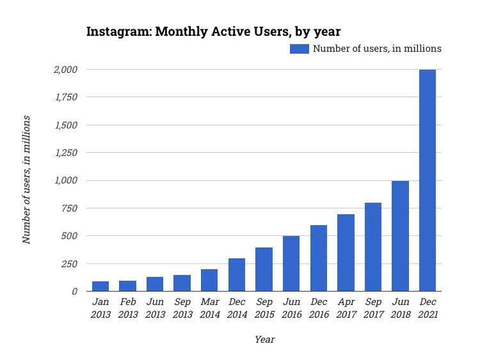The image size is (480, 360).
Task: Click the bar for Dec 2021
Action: (428, 180)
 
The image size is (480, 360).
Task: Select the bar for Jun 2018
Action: (400, 236)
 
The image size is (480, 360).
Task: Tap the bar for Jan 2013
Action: (100, 286)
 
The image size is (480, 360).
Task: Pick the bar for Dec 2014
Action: (237, 274)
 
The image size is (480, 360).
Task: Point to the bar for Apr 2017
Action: (346, 253)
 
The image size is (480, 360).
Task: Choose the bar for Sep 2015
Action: (264, 269)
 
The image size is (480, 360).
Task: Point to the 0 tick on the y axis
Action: (74, 291)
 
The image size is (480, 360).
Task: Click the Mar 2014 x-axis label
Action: (209, 308)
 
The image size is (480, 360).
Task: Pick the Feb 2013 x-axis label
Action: (127, 308)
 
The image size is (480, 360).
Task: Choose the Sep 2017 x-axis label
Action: (373, 308)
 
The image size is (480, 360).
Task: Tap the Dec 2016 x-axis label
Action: (318, 308)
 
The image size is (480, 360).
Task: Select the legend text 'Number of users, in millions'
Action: (377, 49)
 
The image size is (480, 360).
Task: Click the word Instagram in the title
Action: (117, 32)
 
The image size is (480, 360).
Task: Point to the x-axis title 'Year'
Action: (264, 340)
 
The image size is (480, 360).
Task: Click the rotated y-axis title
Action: (27, 180)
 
